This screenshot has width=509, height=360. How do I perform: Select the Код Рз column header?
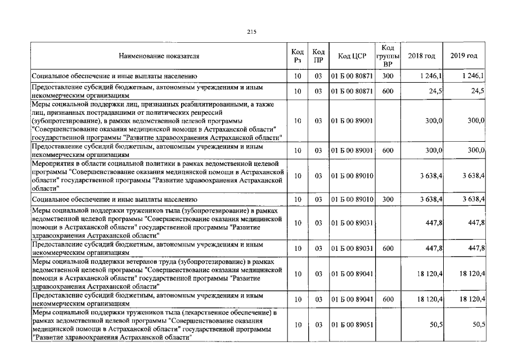[x=298, y=56]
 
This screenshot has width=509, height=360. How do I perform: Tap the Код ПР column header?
[x=318, y=56]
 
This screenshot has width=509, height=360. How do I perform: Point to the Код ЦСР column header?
[x=352, y=56]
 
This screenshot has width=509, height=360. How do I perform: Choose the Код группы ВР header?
[x=388, y=56]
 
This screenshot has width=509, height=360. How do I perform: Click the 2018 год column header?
[x=421, y=56]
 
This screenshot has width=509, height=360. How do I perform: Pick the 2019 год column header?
[x=464, y=56]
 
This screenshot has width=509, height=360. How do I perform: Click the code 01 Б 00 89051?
[x=352, y=325]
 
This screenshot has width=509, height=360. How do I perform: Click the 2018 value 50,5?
[x=435, y=325]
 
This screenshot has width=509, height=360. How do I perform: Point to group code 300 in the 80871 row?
[x=388, y=75]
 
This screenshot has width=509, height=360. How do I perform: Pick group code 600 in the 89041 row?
[x=388, y=300]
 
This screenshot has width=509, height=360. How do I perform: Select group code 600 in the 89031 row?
[x=388, y=248]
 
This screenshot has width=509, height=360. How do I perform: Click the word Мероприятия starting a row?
[x=53, y=163]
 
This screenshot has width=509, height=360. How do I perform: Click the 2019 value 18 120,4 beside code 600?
[x=472, y=300]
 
